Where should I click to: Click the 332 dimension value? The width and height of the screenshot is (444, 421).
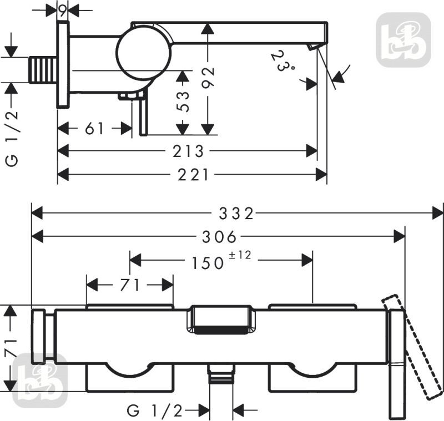coord(236,214)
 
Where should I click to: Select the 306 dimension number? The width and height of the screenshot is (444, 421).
coord(219,236)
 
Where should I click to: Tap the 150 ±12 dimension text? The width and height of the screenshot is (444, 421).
coord(221,260)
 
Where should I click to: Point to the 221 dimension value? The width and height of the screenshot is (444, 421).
coord(193,175)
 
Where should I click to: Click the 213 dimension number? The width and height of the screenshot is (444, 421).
coord(188,151)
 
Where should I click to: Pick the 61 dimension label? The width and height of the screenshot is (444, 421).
coord(94,129)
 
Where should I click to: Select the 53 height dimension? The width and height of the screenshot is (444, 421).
coord(184,102)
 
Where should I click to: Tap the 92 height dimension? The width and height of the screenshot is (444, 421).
coord(208,77)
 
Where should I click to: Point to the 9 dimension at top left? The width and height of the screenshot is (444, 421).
coord(63,11)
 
